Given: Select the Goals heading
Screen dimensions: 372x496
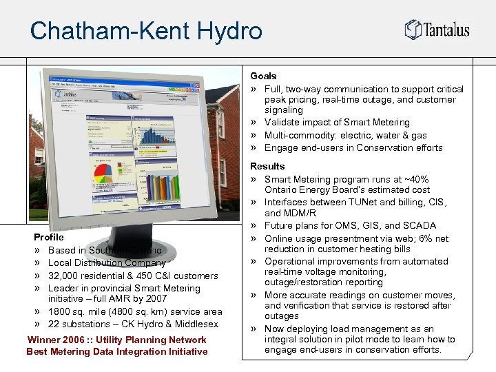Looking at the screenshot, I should pos(263,76).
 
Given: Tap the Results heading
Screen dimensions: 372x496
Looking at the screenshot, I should pos(267,166).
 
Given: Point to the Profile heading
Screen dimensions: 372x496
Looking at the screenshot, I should pos(48,237).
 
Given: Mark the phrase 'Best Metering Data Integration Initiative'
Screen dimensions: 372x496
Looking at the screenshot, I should pos(116,352).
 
